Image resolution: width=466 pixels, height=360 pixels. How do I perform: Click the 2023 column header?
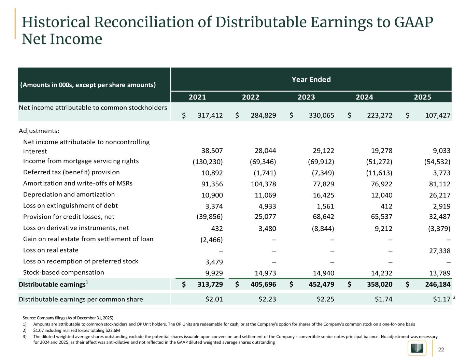point(306,97)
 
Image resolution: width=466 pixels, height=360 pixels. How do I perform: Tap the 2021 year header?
point(198,97)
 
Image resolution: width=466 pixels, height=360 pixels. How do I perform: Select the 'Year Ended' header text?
point(311,80)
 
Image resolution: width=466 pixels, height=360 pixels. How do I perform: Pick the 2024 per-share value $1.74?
point(383,299)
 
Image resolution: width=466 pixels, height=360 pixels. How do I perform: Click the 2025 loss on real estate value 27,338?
point(439,251)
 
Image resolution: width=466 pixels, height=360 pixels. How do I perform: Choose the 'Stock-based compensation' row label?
point(63,272)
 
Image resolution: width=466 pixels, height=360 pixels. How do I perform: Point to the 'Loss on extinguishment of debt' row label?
point(70,205)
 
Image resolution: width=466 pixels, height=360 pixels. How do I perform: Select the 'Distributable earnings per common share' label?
point(81,299)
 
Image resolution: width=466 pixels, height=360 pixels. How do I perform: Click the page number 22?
point(441,349)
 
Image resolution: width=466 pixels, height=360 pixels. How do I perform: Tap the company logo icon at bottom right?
point(417,348)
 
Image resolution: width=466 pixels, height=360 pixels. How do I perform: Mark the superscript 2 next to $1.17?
point(454,298)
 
